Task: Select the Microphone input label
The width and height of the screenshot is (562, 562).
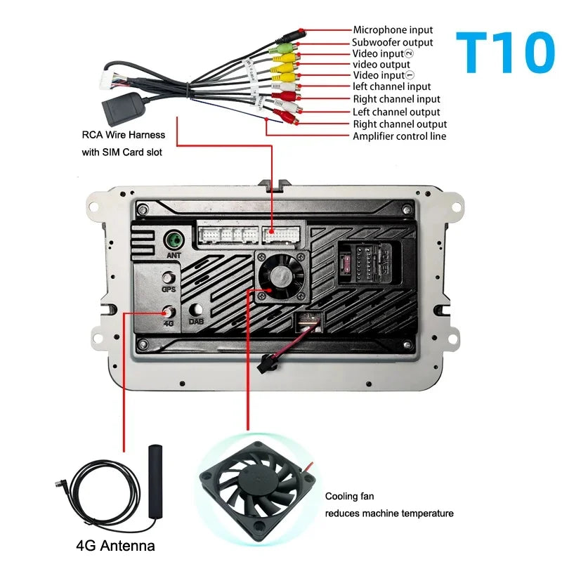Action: pyautogui.click(x=393, y=30)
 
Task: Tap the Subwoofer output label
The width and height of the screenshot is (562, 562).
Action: pyautogui.click(x=393, y=42)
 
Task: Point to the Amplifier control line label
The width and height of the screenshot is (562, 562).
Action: pyautogui.click(x=399, y=136)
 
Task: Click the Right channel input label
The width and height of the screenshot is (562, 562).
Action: pyautogui.click(x=396, y=99)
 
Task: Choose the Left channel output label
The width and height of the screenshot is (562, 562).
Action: pyautogui.click(x=396, y=112)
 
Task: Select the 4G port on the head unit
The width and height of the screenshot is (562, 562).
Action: pyautogui.click(x=169, y=313)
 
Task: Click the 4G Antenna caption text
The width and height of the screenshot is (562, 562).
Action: pyautogui.click(x=115, y=545)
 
